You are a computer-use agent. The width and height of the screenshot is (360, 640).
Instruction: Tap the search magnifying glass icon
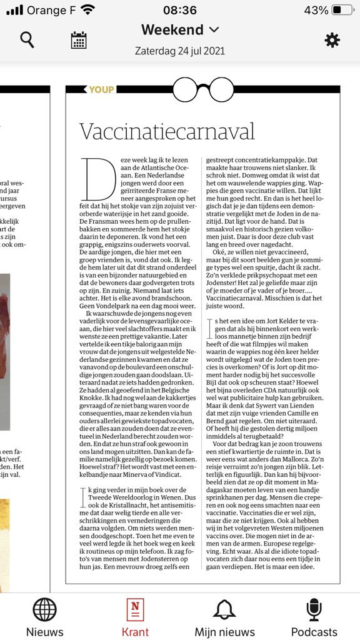point(27,40)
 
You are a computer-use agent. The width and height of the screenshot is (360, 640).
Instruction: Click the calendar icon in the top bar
point(78,40)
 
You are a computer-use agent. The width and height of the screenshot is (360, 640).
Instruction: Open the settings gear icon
point(332,40)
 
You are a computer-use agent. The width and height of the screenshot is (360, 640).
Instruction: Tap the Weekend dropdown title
point(180,29)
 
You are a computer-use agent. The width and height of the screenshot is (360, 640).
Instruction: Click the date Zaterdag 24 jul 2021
point(180,51)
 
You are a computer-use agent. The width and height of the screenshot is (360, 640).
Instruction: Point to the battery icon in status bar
point(343,10)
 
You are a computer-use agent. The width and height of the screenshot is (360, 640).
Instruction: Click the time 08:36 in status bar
point(179,10)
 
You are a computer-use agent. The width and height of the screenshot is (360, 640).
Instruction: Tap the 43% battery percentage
point(316,10)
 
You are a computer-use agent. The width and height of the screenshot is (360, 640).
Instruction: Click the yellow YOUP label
point(101,89)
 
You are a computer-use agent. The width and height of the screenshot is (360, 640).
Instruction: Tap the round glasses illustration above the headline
point(202,89)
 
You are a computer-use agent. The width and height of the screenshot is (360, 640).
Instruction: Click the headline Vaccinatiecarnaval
point(167,131)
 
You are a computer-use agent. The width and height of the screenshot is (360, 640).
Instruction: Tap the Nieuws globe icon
point(44,610)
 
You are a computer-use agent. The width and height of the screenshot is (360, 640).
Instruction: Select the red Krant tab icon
point(134,610)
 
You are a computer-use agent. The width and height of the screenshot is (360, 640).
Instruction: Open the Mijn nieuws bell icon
point(224,610)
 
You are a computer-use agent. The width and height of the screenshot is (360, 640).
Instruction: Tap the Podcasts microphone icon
point(314,610)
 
